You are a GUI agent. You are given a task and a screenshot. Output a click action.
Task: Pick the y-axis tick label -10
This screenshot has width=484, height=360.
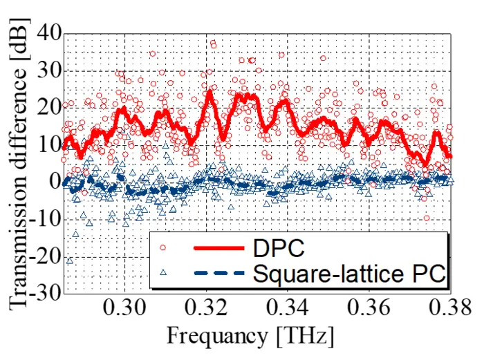click(x=43, y=219)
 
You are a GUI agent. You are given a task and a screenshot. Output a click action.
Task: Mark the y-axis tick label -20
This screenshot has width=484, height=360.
click(x=43, y=256)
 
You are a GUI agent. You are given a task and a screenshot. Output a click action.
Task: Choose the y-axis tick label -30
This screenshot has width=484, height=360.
click(x=43, y=293)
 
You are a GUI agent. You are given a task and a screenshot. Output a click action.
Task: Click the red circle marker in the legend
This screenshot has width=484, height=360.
click(x=163, y=247)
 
